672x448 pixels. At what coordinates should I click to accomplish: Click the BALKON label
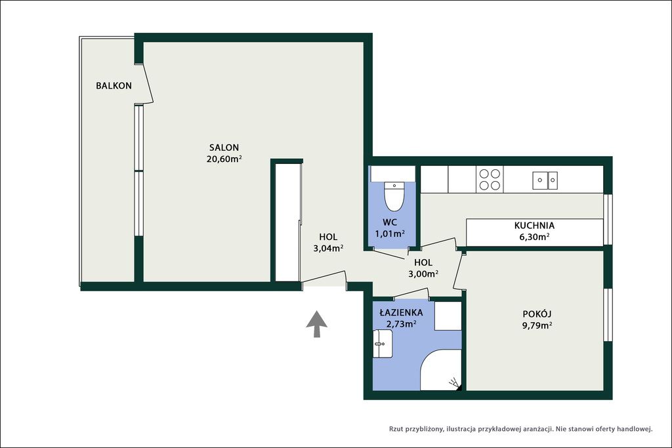[114, 86]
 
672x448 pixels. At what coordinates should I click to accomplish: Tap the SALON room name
[224, 148]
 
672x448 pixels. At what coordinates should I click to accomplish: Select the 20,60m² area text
[224, 159]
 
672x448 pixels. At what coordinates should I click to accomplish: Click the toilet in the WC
[394, 197]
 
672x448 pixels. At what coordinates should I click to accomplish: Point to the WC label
[390, 222]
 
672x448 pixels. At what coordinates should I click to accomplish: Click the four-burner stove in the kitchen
[490, 179]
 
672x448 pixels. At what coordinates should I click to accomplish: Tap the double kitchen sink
[545, 180]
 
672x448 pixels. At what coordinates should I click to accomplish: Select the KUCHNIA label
[534, 225]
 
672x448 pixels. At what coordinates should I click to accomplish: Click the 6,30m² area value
[534, 237]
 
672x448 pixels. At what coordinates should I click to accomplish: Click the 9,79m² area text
[537, 325]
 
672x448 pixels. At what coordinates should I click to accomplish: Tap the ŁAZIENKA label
[401, 313]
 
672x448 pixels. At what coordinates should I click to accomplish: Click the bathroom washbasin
[383, 344]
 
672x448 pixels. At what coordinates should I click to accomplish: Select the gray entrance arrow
[317, 324]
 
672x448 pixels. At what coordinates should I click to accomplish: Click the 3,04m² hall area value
[328, 248]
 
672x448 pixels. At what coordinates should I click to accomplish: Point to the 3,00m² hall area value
[423, 274]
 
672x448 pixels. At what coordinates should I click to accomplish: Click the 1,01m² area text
[390, 234]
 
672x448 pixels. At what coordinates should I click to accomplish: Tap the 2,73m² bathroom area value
[401, 324]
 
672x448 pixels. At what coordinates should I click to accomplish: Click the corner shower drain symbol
[455, 384]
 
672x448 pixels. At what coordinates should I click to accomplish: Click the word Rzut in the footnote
[396, 429]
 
